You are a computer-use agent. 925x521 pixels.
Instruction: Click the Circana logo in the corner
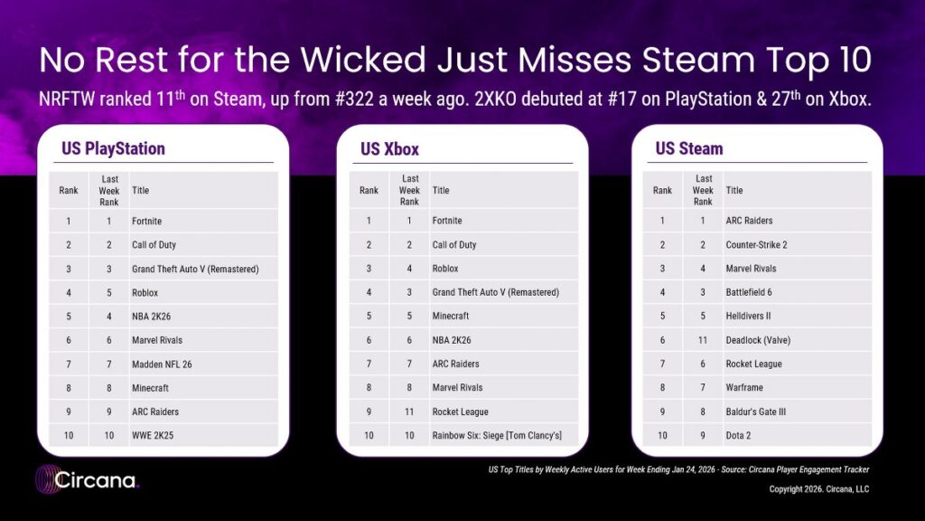pos(87,479)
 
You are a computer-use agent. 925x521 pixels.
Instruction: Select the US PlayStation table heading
pos(113,148)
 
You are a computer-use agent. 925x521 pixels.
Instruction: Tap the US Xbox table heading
pos(389,148)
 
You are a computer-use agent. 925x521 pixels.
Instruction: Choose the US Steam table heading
pos(689,148)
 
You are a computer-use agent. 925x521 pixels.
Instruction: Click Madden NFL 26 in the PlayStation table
pos(162,365)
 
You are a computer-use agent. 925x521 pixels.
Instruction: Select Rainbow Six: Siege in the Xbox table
pos(497,436)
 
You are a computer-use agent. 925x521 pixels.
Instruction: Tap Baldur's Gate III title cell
pos(756,412)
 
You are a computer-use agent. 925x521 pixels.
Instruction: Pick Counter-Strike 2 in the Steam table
pos(757,245)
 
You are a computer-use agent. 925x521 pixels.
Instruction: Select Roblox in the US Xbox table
pos(445,269)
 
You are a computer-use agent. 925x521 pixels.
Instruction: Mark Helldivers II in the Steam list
pos(748,317)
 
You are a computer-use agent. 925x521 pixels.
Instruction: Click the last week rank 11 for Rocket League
pos(409,412)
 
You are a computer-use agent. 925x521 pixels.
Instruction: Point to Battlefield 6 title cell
pos(749,293)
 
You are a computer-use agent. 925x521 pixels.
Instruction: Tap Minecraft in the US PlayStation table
pos(150,388)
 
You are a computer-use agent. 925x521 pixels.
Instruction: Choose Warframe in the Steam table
pos(744,388)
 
